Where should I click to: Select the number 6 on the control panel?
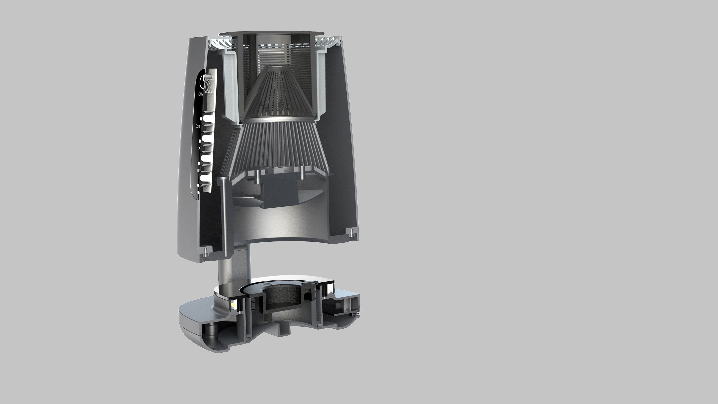tap(198, 170)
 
